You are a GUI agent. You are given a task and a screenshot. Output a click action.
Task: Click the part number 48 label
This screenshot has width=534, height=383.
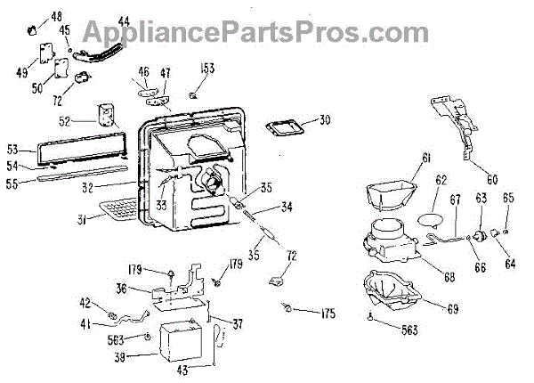pos(57,17)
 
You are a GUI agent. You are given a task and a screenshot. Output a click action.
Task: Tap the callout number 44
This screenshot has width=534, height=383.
pos(123,20)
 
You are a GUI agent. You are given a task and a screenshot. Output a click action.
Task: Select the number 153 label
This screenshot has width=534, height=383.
pos(206,69)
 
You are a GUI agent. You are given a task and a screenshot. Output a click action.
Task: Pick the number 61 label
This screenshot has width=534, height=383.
pos(425,158)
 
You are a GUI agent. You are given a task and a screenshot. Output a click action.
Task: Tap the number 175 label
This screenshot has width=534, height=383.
pos(328,313)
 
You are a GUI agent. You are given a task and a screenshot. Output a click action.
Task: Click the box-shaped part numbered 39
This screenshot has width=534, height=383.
pos(183,342)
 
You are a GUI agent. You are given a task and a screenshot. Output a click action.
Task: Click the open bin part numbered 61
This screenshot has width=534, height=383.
pos(389,190)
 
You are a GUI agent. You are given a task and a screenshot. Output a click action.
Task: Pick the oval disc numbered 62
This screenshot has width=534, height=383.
pos(429,214)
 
